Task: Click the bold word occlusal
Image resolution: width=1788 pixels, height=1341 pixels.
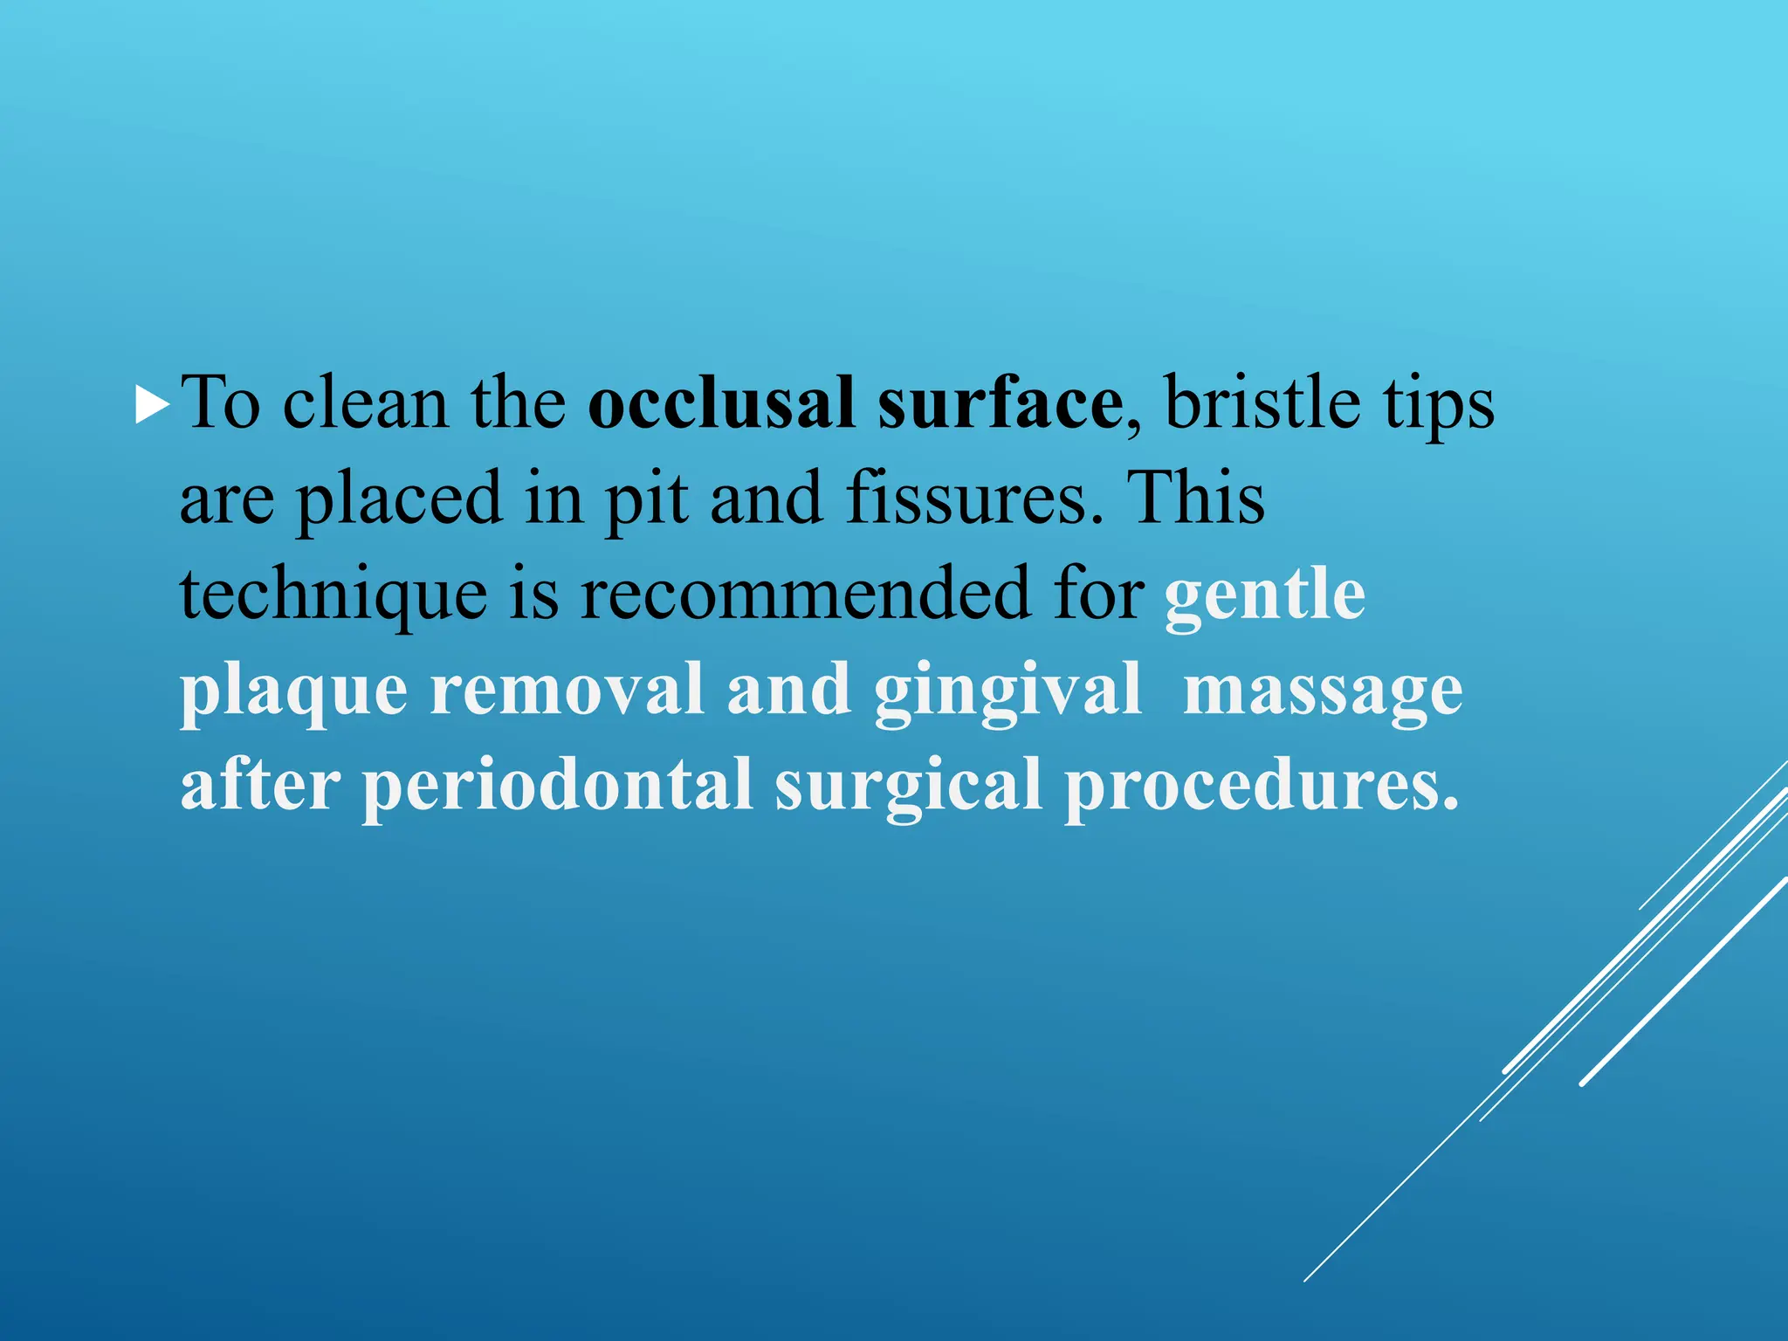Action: [x=721, y=404]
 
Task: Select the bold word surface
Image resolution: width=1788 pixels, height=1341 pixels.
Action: [x=1000, y=404]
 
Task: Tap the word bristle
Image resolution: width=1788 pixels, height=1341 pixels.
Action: [x=1262, y=404]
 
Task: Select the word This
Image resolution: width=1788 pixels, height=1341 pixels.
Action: [x=1195, y=499]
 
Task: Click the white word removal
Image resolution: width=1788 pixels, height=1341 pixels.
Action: [x=567, y=690]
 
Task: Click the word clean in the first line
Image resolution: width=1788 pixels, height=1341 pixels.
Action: [x=366, y=404]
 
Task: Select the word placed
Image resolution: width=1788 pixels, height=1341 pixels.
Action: [x=399, y=500]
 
